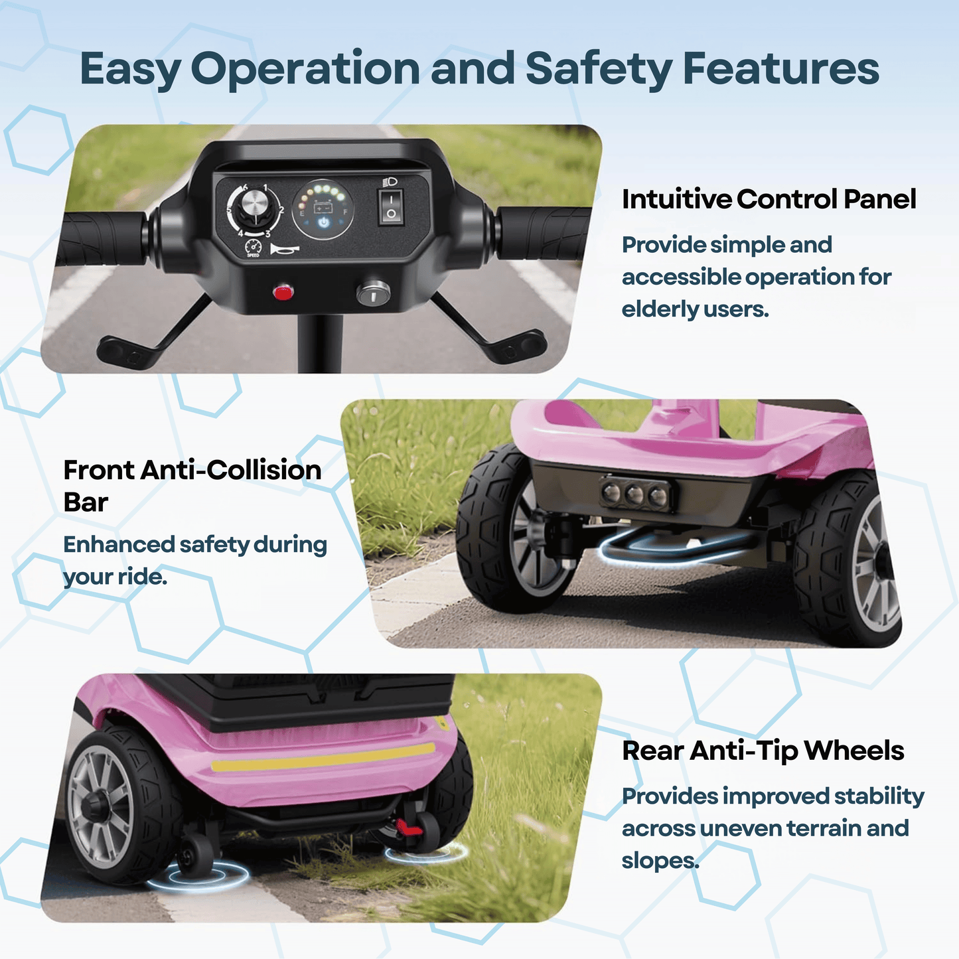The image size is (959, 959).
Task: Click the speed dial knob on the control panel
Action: click(253, 207)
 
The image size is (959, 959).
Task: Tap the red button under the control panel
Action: click(283, 292)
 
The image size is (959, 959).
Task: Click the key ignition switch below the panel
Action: click(373, 293)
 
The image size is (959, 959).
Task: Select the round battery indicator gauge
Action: click(323, 209)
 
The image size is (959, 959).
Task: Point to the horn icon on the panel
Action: click(284, 249)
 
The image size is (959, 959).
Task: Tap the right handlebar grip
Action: click(542, 233)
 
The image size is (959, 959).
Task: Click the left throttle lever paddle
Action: click(127, 351)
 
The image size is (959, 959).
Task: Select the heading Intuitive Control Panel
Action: click(769, 199)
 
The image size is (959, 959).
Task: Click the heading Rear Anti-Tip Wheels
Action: click(763, 751)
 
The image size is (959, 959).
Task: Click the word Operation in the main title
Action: click(305, 69)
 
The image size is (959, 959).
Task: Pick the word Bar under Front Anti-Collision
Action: click(86, 502)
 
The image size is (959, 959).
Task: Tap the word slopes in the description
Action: click(660, 860)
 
